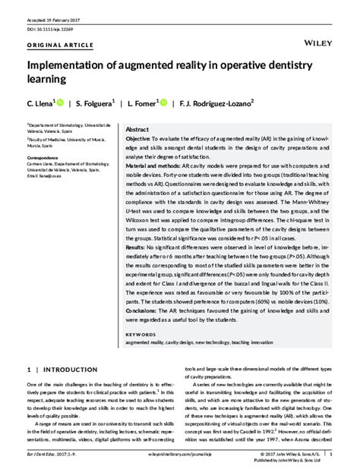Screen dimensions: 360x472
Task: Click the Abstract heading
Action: (x=137, y=129)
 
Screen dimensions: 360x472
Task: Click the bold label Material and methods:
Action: (x=157, y=165)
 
